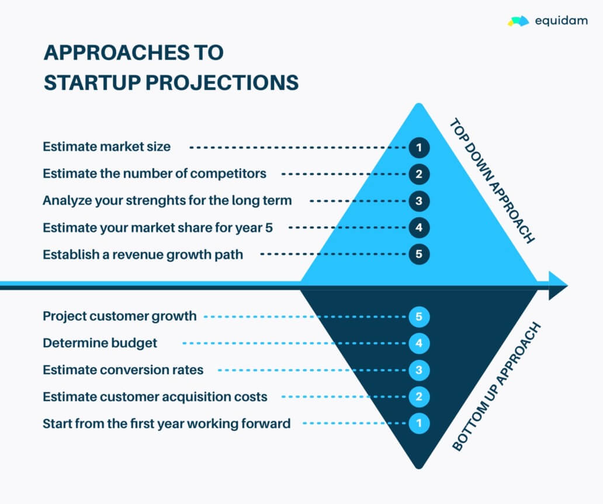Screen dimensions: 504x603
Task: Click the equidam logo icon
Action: [518, 22]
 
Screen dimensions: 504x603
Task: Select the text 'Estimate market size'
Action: [107, 147]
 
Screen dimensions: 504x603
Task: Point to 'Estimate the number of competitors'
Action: [154, 173]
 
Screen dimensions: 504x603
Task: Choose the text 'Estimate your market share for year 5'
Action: [158, 228]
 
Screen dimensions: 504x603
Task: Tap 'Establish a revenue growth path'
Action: [143, 255]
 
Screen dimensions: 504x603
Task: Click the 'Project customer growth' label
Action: [120, 317]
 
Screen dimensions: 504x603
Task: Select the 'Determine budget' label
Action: [100, 343]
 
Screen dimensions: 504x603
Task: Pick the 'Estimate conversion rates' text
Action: [123, 370]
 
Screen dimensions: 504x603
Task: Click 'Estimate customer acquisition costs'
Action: [155, 397]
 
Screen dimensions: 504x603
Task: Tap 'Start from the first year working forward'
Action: [167, 423]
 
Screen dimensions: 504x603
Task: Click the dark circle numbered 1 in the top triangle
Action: [419, 147]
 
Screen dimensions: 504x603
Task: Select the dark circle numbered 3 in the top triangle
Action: [419, 201]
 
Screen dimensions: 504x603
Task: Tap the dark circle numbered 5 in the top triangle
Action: [419, 255]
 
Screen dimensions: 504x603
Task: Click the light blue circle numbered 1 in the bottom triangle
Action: [419, 423]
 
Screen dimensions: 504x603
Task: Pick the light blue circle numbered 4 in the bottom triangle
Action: [419, 343]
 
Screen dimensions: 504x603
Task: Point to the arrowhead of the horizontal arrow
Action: [557, 286]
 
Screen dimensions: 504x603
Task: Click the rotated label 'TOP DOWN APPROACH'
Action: [491, 180]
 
